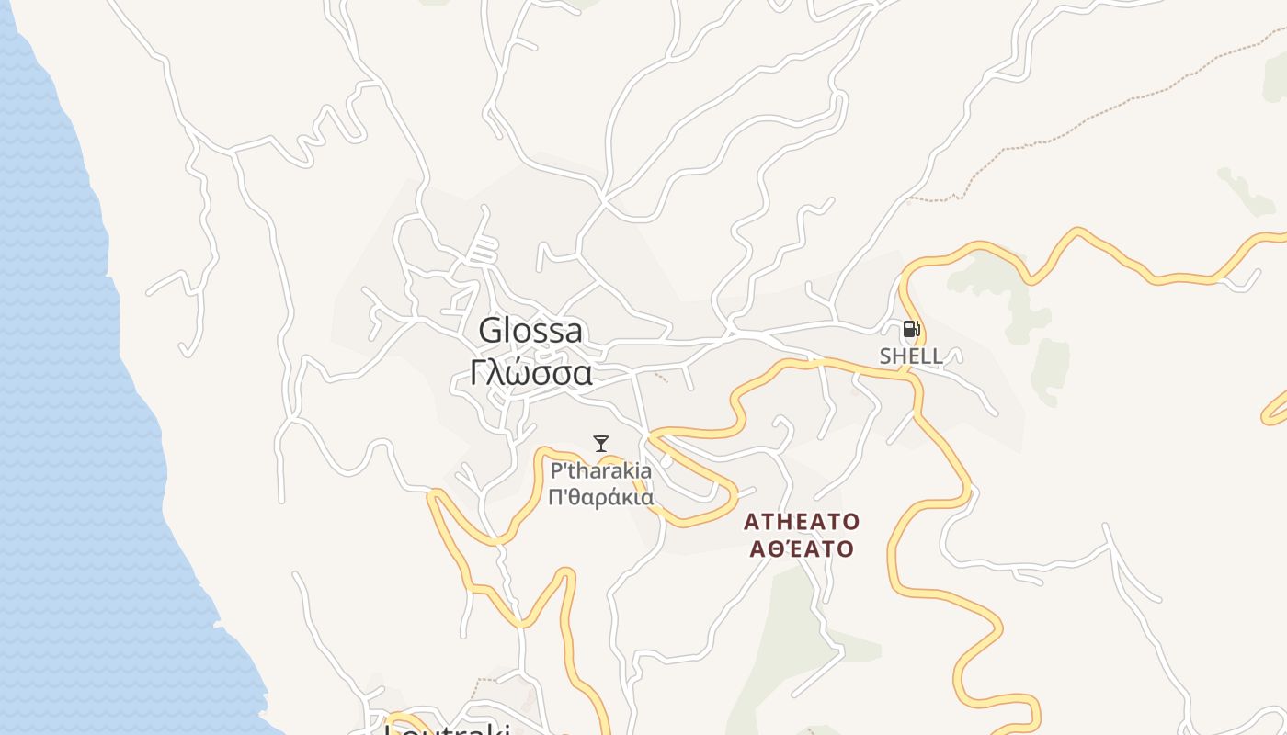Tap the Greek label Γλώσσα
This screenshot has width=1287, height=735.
tap(530, 372)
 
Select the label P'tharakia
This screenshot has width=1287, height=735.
tap(601, 471)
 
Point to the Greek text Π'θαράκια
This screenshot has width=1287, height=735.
tap(601, 498)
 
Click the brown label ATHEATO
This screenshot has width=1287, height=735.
tap(802, 522)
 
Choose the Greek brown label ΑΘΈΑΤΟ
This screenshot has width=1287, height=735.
tap(802, 549)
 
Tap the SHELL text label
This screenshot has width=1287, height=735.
tap(911, 356)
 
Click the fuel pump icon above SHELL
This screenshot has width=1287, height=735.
tap(911, 329)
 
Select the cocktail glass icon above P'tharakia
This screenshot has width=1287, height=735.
tap(601, 444)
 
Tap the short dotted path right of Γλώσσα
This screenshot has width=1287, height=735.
tap(659, 376)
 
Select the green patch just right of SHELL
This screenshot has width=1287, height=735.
tap(1050, 367)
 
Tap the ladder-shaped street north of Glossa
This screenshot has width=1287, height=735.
tap(484, 248)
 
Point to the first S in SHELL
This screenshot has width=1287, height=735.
tap(886, 356)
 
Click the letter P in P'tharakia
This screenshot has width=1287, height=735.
tap(556, 471)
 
